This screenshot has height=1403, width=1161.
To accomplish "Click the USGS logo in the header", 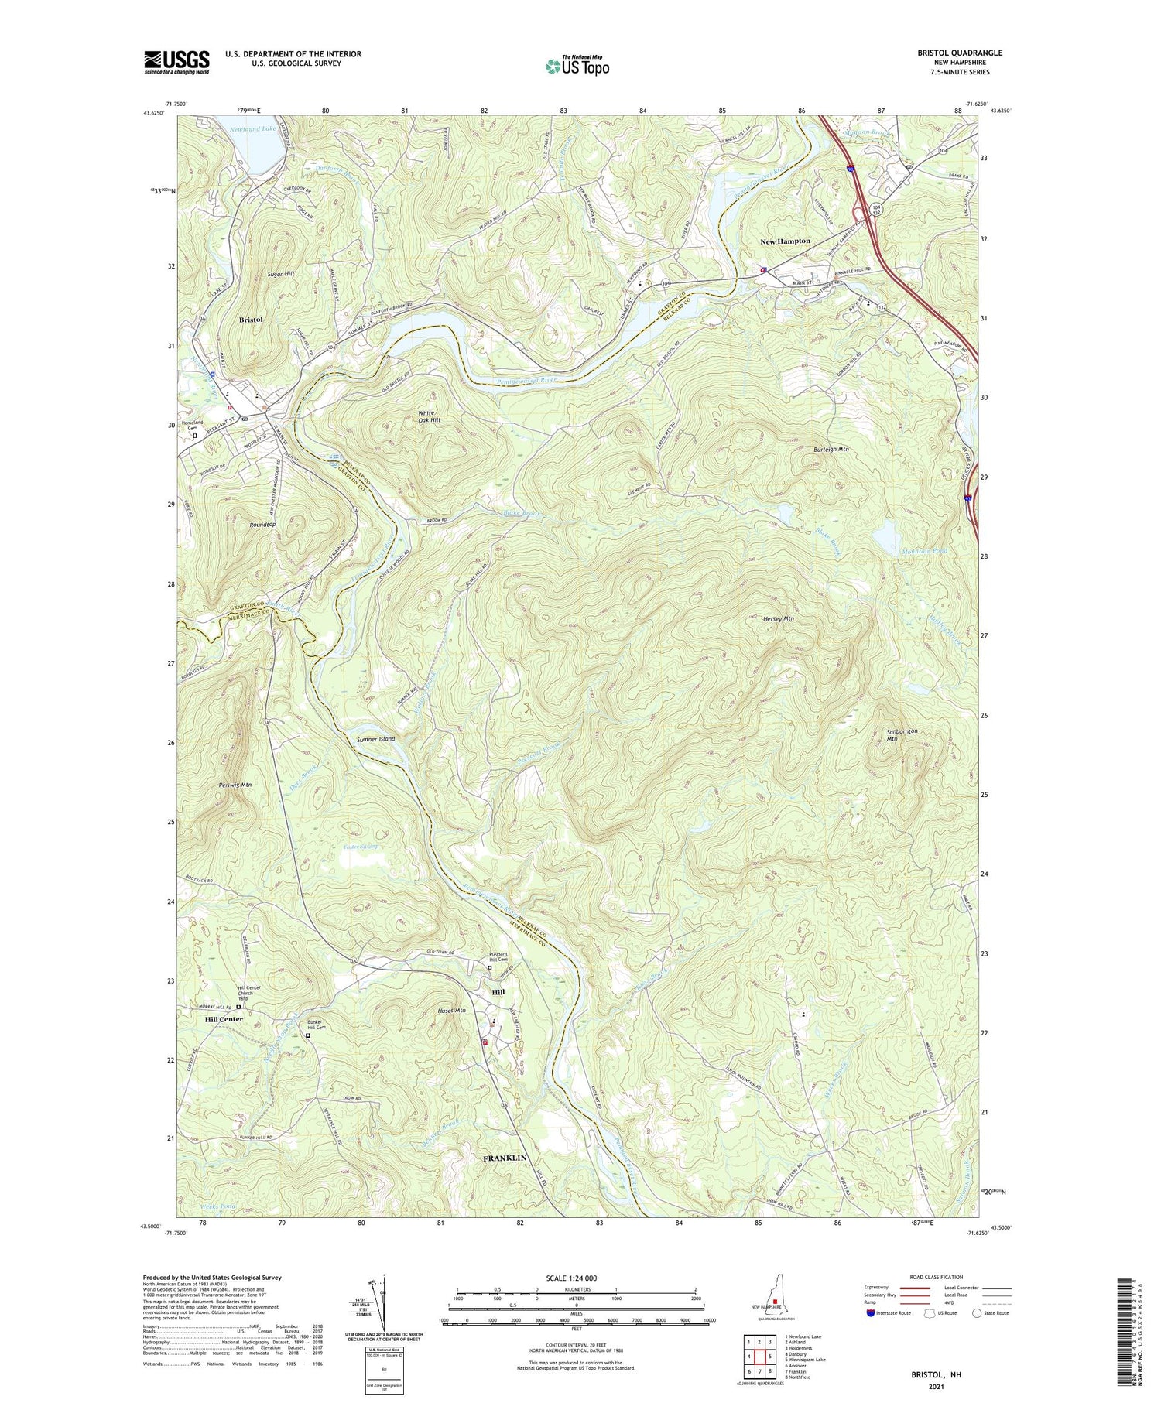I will point(176,62).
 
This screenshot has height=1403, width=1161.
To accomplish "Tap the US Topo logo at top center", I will point(577,67).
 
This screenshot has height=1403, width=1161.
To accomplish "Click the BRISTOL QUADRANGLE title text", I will point(957,53).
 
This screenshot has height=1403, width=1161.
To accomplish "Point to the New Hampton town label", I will point(785,241).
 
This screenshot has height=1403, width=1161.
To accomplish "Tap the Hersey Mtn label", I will point(778,619).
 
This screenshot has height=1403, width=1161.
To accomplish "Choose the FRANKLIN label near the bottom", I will point(505,1158).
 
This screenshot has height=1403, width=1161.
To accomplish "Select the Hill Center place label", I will point(224,1019).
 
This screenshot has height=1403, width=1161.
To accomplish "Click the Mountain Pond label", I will point(924,551).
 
